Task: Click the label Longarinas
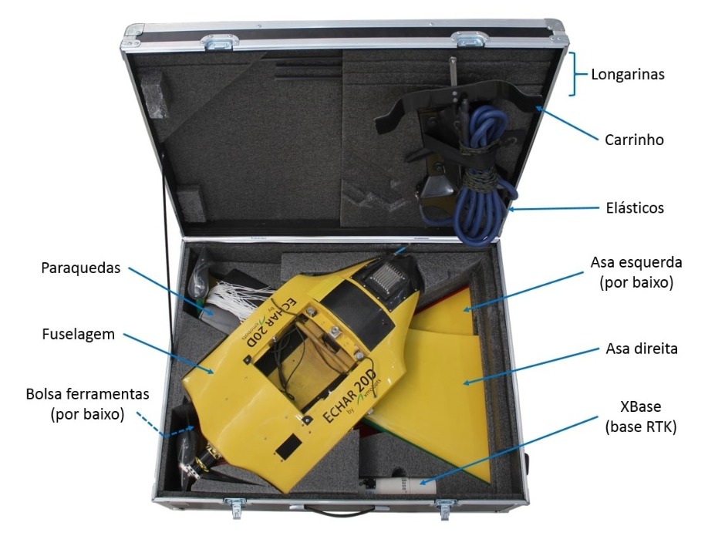click(628, 76)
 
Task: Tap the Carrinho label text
click(635, 140)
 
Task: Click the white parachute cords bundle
click(235, 297)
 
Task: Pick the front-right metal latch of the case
click(444, 506)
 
